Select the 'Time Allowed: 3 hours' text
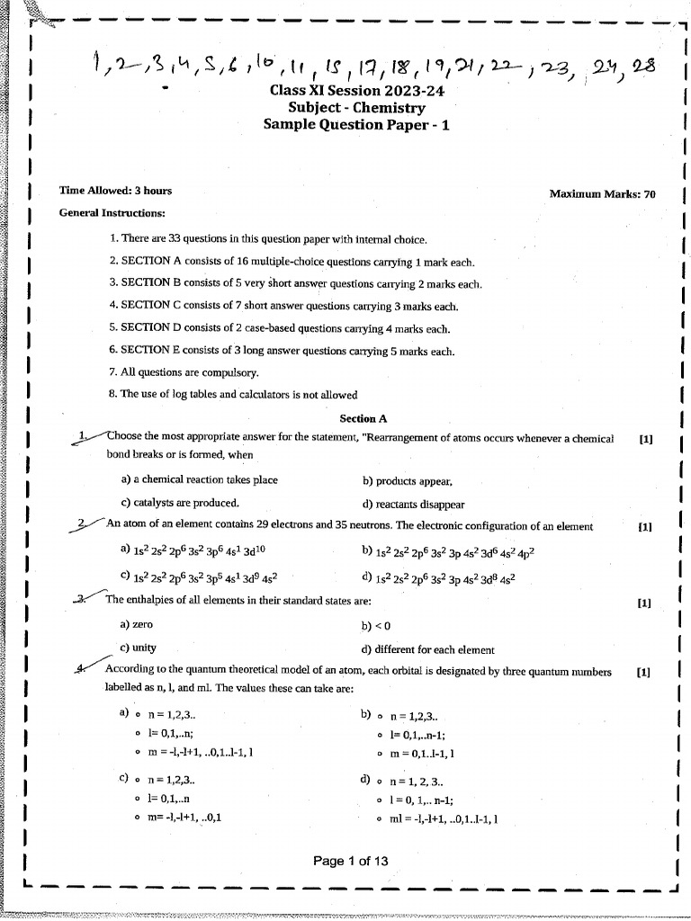click(x=115, y=191)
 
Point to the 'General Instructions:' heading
click(x=112, y=213)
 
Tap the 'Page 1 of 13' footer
click(x=351, y=861)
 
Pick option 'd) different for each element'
click(x=426, y=650)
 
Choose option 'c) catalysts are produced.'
click(x=179, y=504)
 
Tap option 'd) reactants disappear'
click(x=413, y=505)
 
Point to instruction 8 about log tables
click(x=233, y=395)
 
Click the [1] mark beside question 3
click(x=644, y=604)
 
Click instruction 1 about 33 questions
click(x=267, y=239)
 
